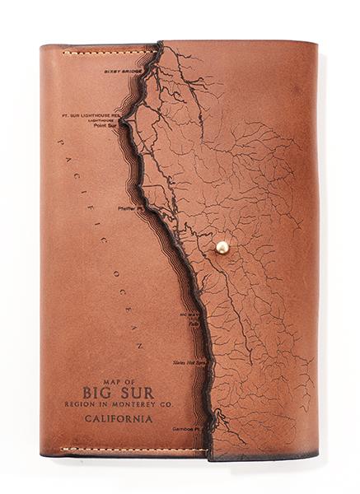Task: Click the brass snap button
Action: click(222, 246)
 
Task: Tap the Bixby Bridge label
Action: click(123, 72)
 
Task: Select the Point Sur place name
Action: click(106, 126)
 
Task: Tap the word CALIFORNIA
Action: click(119, 419)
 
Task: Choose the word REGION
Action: click(80, 404)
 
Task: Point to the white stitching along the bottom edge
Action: click(124, 450)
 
